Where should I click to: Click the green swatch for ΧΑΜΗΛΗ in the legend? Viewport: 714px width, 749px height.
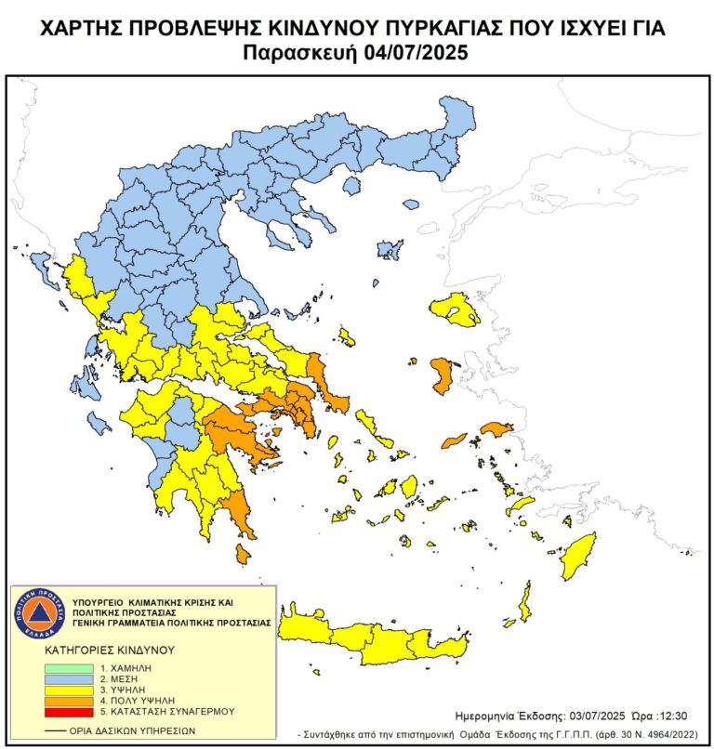pyautogui.click(x=69, y=667)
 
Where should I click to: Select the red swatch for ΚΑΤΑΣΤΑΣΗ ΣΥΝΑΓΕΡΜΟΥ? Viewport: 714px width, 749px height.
pyautogui.click(x=69, y=710)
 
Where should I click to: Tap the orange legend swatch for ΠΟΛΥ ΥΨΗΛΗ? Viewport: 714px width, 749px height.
pyautogui.click(x=69, y=700)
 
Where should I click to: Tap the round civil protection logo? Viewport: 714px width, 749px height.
pyautogui.click(x=39, y=611)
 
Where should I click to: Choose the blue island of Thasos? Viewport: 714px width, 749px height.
pyautogui.click(x=351, y=187)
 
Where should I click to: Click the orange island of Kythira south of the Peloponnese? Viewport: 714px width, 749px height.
pyautogui.click(x=243, y=555)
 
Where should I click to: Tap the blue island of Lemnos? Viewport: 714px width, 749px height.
pyautogui.click(x=390, y=249)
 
